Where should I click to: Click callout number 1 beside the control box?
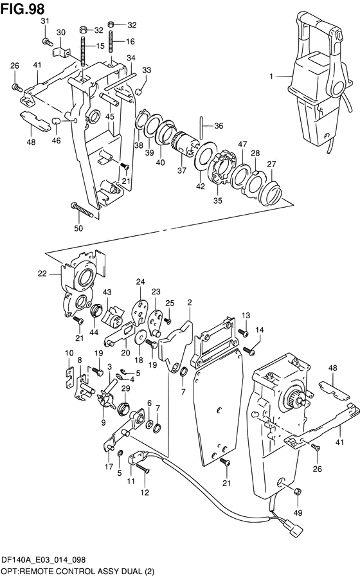271,77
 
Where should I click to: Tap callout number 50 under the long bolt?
78,228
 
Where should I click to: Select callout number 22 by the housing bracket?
42,273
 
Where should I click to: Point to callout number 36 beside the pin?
219,126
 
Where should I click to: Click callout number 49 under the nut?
298,512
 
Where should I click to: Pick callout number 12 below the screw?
145,492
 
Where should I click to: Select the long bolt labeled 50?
84,210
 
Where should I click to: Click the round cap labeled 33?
138,91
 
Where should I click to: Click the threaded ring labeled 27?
271,192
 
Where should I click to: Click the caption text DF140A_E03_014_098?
44,560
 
